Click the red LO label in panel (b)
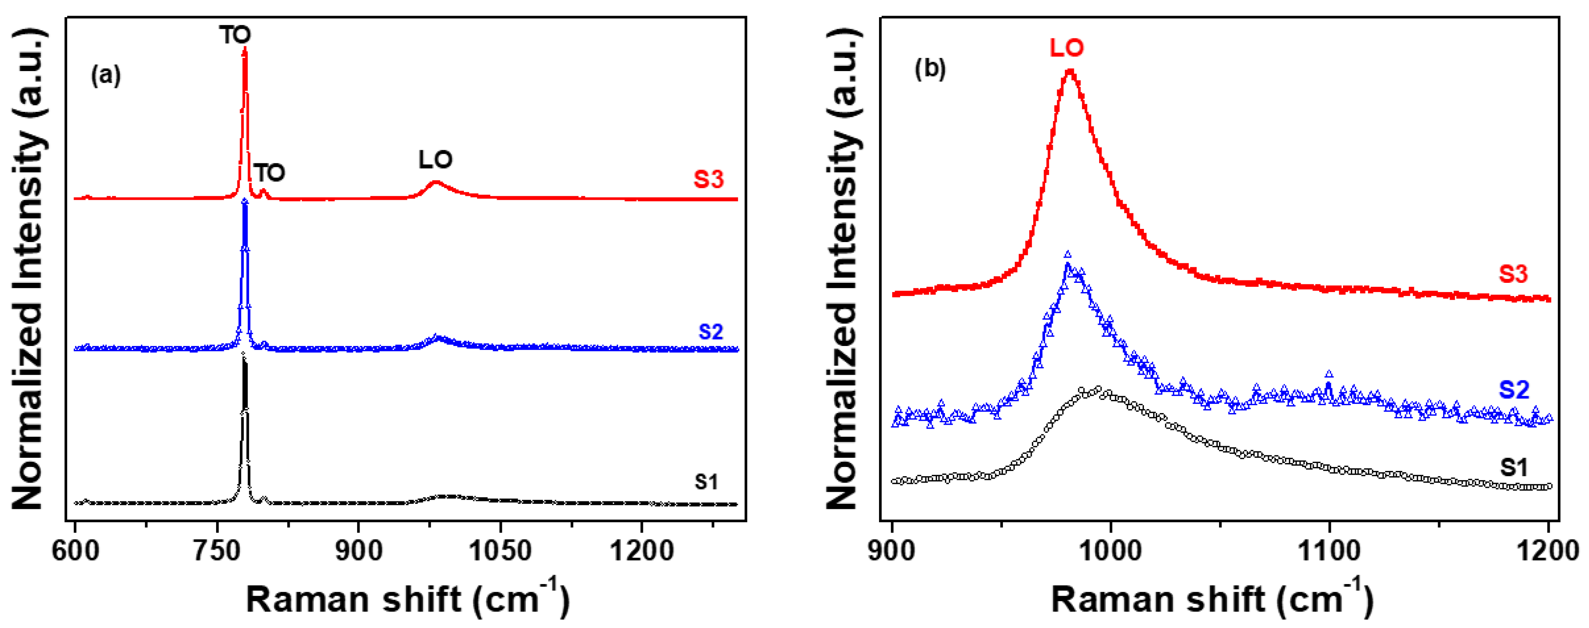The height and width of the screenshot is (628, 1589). pos(1066,48)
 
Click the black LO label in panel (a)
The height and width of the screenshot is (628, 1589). pos(436,160)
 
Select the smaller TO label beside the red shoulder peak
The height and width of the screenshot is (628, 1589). pos(270,173)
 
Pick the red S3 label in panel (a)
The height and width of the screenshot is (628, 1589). pos(708,179)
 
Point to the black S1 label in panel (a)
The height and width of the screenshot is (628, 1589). pos(706,482)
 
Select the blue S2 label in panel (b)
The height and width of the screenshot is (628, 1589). pos(1514,390)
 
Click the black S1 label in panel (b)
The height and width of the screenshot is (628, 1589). pos(1514,468)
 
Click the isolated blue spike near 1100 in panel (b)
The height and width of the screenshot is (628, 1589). pos(1328,374)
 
